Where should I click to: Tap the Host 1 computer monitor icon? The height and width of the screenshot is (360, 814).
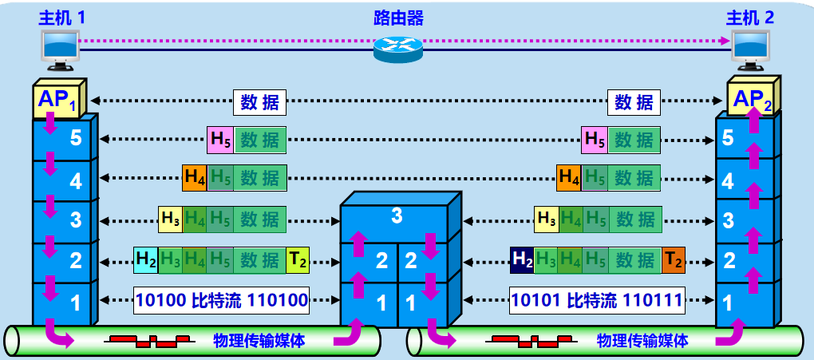[60, 49]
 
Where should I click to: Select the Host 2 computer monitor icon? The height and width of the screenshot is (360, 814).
[751, 49]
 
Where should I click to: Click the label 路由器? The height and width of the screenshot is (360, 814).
[398, 18]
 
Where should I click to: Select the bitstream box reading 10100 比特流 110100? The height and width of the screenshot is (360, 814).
[222, 301]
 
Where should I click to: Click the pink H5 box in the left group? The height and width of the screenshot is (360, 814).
[220, 140]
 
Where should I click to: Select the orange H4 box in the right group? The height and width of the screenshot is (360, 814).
[569, 178]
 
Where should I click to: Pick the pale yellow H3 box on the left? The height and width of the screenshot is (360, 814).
[170, 220]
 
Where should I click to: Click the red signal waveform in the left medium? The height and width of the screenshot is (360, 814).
[149, 342]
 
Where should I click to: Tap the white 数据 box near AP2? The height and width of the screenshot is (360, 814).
[634, 102]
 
